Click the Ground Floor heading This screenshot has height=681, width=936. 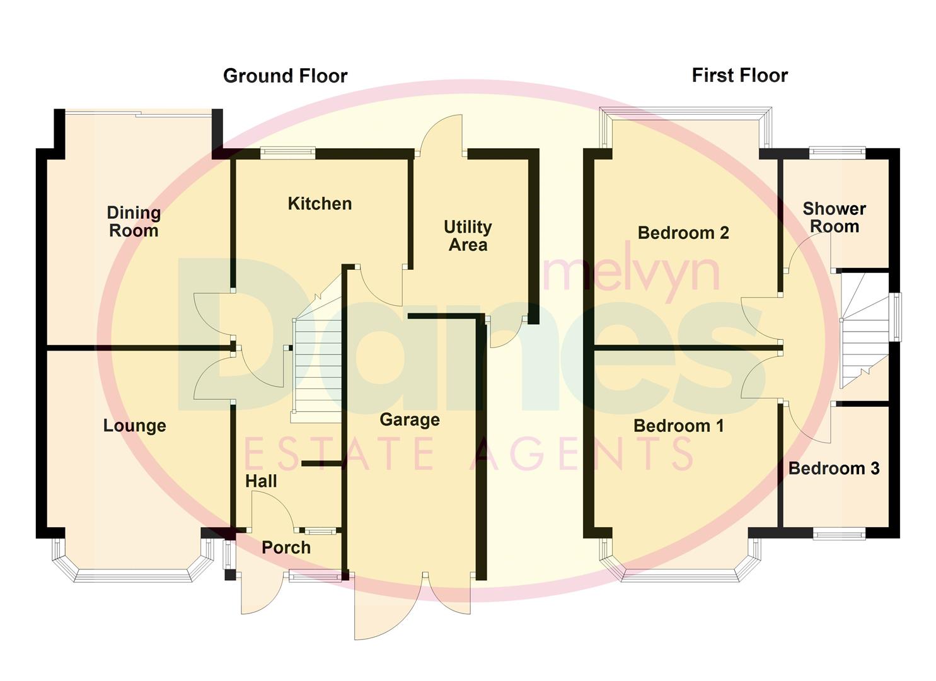[x=285, y=76]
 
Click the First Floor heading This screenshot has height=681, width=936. [x=739, y=76]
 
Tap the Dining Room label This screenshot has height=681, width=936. [x=134, y=222]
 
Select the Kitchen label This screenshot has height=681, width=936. [x=320, y=204]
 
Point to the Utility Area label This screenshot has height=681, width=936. [x=468, y=236]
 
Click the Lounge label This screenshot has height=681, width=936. [x=134, y=426]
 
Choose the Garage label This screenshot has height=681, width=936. [x=410, y=420]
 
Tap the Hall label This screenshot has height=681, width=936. [x=261, y=481]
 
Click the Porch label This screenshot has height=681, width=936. [x=286, y=547]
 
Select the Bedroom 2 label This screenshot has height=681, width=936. [x=683, y=233]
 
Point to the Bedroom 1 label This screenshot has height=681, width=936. [x=678, y=426]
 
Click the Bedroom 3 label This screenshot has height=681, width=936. [x=833, y=469]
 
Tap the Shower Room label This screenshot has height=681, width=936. [x=834, y=218]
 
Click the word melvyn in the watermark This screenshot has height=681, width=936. [x=630, y=272]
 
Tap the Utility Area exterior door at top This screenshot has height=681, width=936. [x=441, y=136]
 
